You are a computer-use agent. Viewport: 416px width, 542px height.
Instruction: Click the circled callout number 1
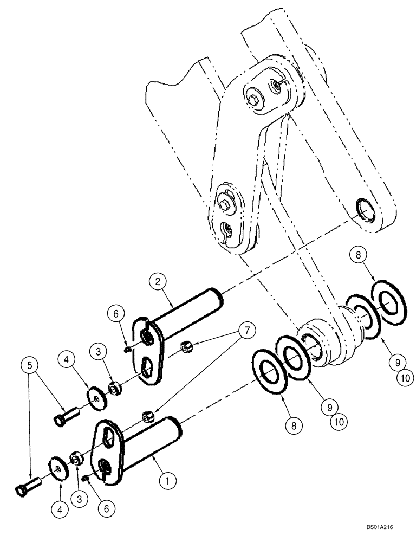tap(167, 480)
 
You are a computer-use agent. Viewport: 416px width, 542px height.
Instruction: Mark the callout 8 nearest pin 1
tap(293, 426)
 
